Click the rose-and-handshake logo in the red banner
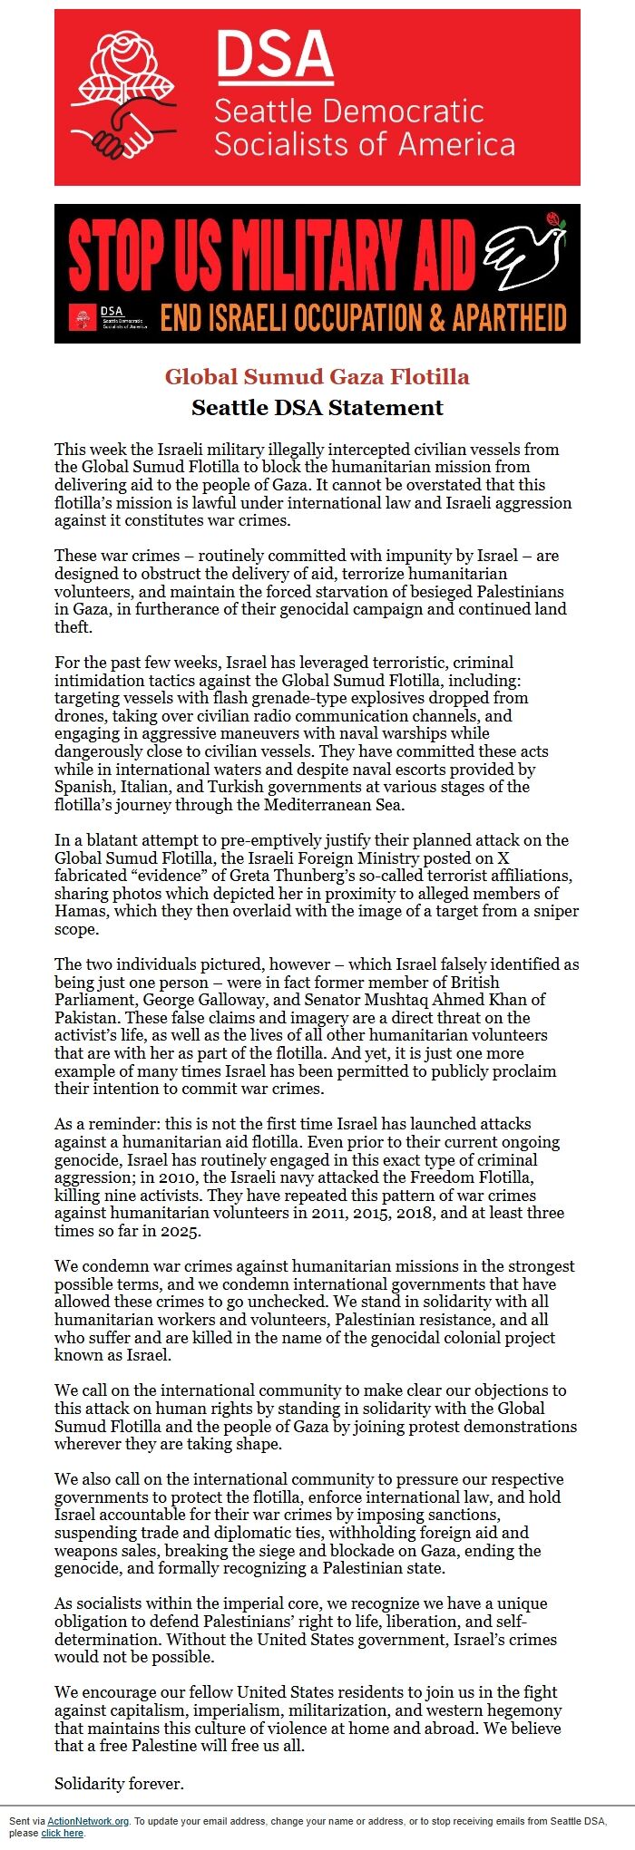coord(126,99)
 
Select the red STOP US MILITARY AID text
coord(272,255)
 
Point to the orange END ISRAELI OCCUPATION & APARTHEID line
coord(363,318)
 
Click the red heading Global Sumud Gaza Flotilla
coord(317,376)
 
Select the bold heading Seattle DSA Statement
coord(317,407)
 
